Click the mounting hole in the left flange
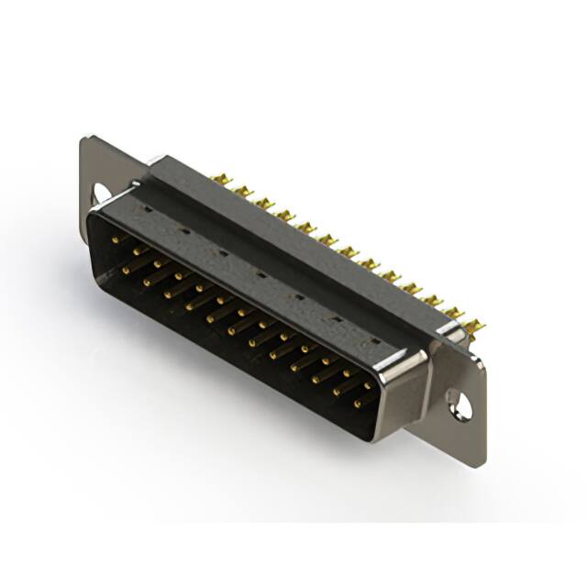[x=99, y=193]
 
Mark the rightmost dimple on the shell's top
[x=374, y=341]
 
